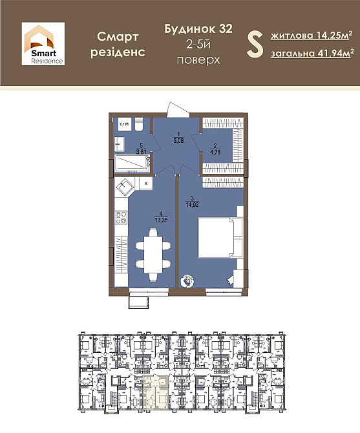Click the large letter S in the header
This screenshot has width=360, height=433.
(x=254, y=44)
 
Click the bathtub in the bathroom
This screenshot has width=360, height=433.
(x=133, y=165)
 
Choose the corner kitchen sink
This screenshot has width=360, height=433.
(x=125, y=187)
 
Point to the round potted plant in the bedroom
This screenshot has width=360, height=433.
(x=187, y=280)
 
